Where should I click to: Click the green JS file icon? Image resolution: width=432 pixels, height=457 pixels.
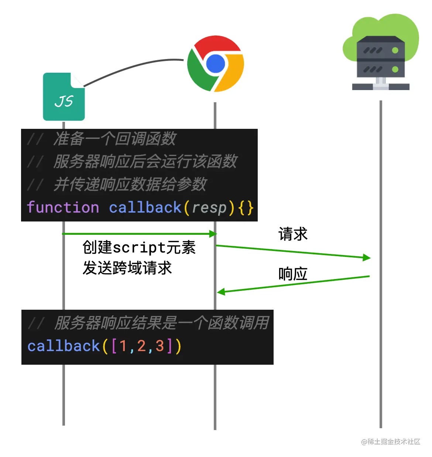[x=64, y=97]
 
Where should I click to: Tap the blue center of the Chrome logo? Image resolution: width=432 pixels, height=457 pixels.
[x=216, y=63]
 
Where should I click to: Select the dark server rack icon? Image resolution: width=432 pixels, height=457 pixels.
[x=381, y=61]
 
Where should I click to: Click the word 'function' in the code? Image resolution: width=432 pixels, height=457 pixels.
[x=63, y=207]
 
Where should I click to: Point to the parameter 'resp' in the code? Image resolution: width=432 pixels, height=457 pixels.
[x=209, y=207]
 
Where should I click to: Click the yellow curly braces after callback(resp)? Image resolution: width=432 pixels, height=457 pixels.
[x=246, y=207]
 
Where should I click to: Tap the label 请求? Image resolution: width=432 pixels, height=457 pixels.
[x=293, y=234]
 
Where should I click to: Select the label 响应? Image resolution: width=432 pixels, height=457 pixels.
[x=293, y=274]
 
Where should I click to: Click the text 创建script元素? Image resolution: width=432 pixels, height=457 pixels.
[x=139, y=247]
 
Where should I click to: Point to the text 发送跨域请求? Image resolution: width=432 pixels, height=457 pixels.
[x=127, y=268]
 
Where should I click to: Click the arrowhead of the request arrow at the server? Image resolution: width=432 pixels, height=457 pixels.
[x=367, y=257]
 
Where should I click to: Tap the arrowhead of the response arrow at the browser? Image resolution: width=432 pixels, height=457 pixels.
[x=221, y=292]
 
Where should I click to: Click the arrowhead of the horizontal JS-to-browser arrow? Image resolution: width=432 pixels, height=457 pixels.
[x=213, y=234]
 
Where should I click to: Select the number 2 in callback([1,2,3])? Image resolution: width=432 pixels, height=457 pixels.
[x=141, y=346]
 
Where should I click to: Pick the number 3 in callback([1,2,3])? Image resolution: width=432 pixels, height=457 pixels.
[x=160, y=346]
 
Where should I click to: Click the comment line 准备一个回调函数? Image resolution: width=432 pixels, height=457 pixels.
[x=114, y=139]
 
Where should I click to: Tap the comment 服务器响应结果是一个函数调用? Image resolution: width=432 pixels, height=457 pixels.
[x=162, y=323]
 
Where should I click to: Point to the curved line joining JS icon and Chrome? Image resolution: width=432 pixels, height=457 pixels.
[x=133, y=66]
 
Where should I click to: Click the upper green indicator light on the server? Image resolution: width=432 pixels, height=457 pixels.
[x=395, y=50]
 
